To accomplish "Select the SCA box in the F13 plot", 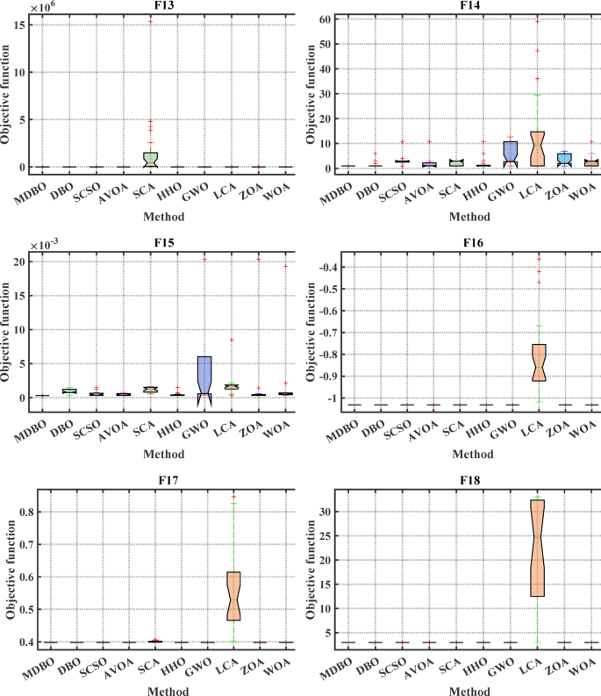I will tap(150, 159).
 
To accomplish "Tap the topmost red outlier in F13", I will tap(150, 21).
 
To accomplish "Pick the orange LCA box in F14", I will tap(538, 148).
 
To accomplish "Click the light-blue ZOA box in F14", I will tap(564, 158).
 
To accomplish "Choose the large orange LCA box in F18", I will tap(538, 548).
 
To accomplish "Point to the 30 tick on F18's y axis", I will tap(327, 511).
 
